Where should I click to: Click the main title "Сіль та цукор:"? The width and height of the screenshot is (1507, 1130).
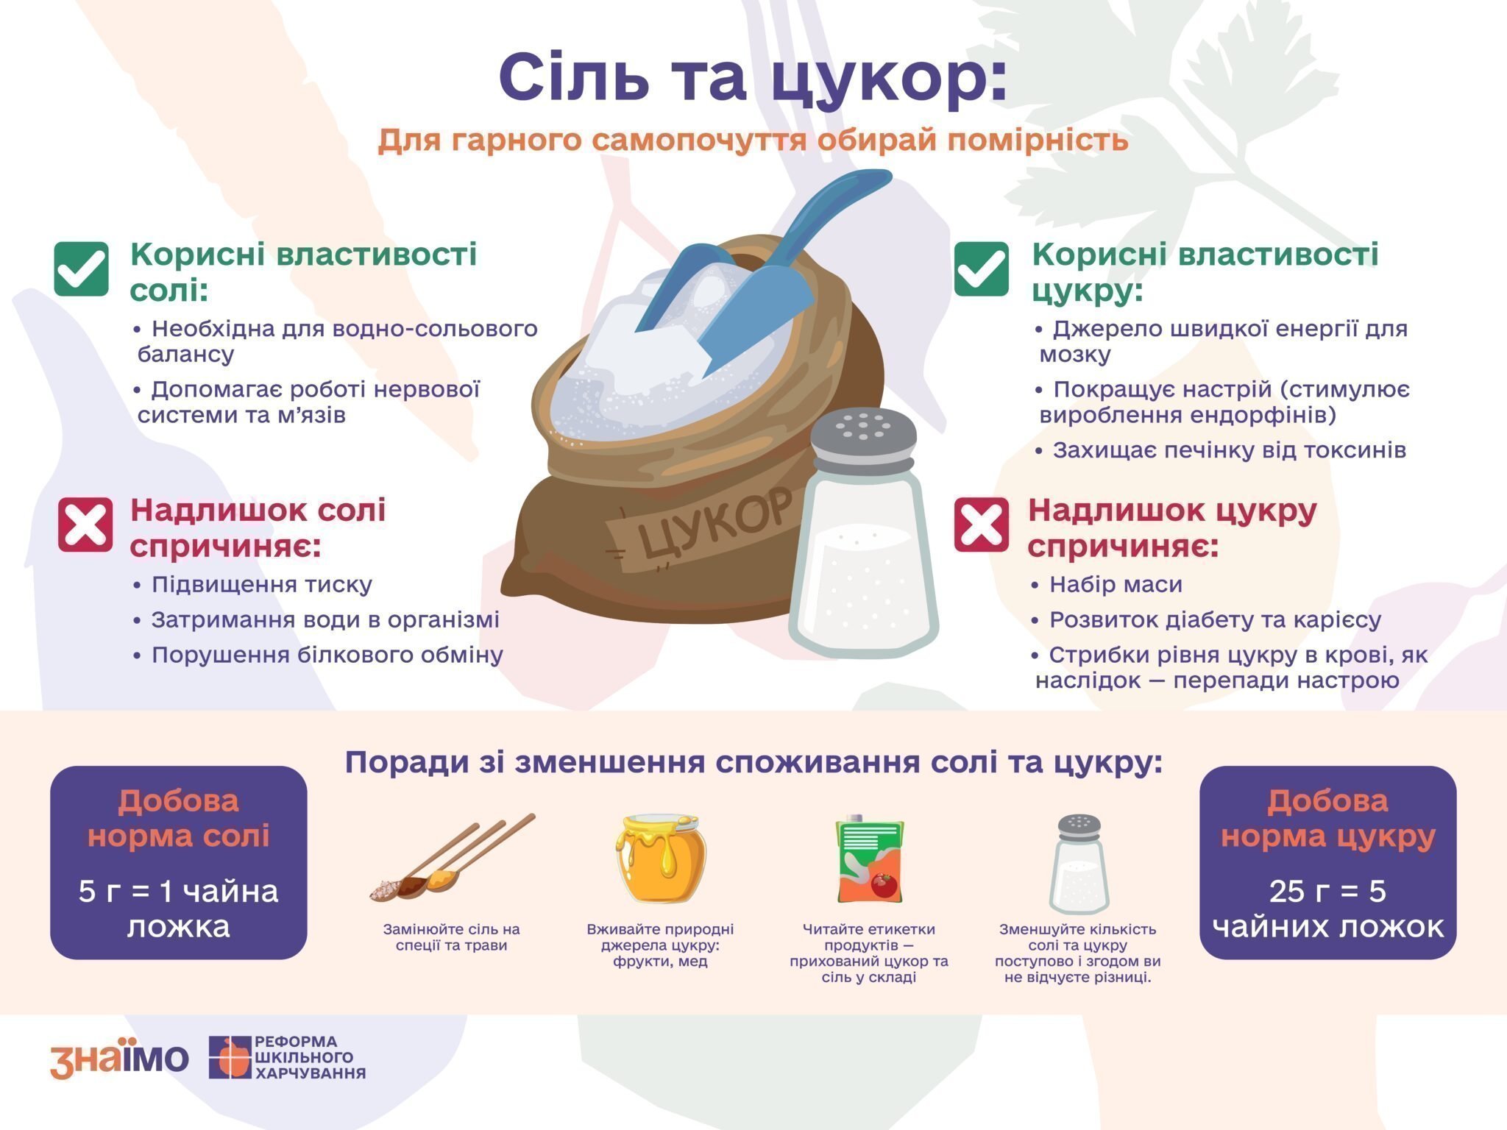pyautogui.click(x=753, y=79)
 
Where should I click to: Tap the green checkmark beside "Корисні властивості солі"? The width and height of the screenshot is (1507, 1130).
pyautogui.click(x=82, y=269)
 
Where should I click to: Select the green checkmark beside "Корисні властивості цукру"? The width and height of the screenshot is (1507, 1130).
pyautogui.click(x=982, y=269)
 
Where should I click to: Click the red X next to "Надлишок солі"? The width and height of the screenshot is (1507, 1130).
pyautogui.click(x=85, y=525)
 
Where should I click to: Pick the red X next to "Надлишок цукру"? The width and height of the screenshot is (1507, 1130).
pyautogui.click(x=982, y=525)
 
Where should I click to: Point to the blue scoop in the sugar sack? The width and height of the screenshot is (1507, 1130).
pyautogui.click(x=758, y=272)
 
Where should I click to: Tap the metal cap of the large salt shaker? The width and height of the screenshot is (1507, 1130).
pyautogui.click(x=863, y=438)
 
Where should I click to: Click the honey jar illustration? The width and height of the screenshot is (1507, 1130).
pyautogui.click(x=661, y=858)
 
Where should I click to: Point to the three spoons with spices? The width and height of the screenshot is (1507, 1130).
pyautogui.click(x=451, y=859)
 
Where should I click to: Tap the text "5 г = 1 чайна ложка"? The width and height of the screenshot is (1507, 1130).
pyautogui.click(x=179, y=909)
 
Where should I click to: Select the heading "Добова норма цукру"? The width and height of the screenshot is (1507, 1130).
pyautogui.click(x=1328, y=819)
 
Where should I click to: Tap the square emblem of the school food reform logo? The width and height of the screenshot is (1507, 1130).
pyautogui.click(x=230, y=1057)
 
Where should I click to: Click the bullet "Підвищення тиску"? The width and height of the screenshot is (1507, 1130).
pyautogui.click(x=253, y=585)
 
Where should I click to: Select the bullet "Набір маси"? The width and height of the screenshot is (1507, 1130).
pyautogui.click(x=1107, y=585)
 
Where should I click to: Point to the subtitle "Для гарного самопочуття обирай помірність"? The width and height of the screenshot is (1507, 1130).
pyautogui.click(x=753, y=140)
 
